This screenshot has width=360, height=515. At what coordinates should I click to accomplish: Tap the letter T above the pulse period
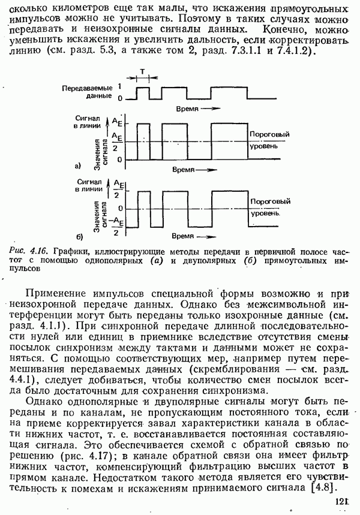pyautogui.click(x=142, y=71)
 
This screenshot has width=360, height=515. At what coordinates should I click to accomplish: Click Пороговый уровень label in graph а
pyautogui.click(x=266, y=141)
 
